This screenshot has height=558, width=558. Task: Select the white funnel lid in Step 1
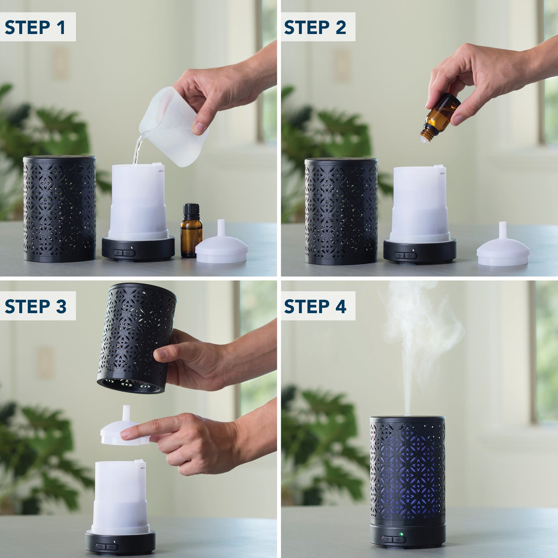tap(221, 247)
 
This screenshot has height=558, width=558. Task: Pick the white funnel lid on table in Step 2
tap(503, 249)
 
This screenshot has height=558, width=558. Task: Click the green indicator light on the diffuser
tap(401, 534)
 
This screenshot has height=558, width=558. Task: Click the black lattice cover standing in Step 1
tap(59, 209)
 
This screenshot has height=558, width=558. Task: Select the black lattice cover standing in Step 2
tap(341, 210)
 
